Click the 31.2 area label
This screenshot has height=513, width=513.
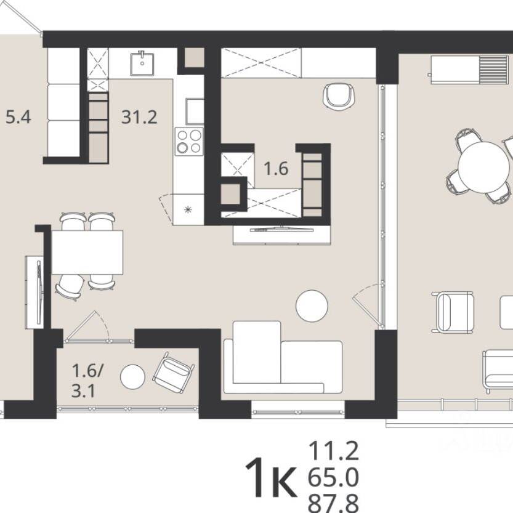click(x=139, y=117)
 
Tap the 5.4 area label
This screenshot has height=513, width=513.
click(x=18, y=117)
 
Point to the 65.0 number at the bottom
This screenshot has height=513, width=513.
click(x=333, y=477)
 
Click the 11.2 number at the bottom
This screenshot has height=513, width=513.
click(x=333, y=451)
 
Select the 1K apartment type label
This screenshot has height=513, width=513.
click(x=271, y=477)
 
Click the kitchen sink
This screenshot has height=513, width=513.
click(x=142, y=63)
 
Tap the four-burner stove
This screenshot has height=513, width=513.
click(x=189, y=142)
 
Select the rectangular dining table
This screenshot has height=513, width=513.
click(x=87, y=252)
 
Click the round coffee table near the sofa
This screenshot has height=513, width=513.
click(x=312, y=306)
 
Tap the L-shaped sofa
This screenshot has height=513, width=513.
click(x=283, y=357)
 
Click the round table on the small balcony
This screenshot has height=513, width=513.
click(x=132, y=376)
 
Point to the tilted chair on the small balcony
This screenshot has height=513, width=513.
click(x=174, y=373)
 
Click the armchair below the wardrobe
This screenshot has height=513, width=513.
click(x=339, y=95)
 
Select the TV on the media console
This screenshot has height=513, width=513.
click(x=281, y=229)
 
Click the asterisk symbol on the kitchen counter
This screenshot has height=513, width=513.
click(x=188, y=210)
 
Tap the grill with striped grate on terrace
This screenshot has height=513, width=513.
click(x=469, y=70)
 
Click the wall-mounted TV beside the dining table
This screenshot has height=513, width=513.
click(x=39, y=293)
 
